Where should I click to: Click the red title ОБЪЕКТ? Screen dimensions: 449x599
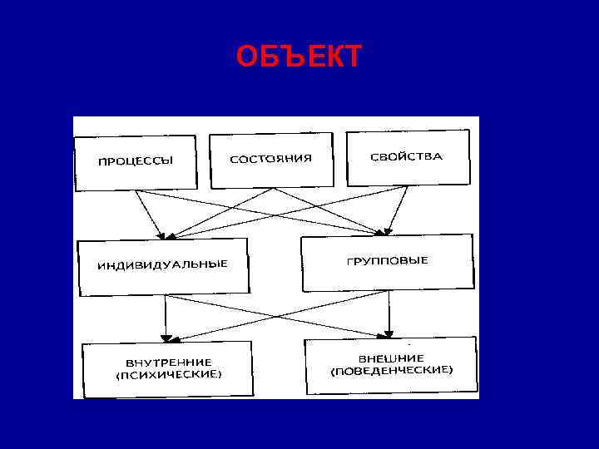(x=299, y=57)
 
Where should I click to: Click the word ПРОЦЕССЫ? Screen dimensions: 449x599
(x=136, y=161)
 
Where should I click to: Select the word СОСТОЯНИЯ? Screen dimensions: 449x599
(x=270, y=158)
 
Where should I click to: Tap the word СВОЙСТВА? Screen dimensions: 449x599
(x=408, y=155)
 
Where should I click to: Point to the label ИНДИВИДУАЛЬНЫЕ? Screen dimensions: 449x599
(x=162, y=264)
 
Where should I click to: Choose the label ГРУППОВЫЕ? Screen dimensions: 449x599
(x=387, y=260)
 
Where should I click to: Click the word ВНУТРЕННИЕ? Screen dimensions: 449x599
(x=169, y=363)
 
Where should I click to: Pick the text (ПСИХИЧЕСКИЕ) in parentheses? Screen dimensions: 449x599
(x=169, y=375)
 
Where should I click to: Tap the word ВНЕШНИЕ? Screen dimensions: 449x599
(x=391, y=358)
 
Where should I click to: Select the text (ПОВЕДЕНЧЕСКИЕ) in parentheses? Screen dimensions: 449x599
(x=391, y=370)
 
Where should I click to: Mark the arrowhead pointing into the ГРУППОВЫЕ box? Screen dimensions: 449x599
(x=385, y=230)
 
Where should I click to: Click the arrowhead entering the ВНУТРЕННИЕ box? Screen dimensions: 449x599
(x=166, y=337)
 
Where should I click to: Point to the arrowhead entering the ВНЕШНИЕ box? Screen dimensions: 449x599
(x=388, y=334)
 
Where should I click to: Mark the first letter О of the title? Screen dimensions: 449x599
(x=245, y=57)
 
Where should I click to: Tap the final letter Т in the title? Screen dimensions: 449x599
(x=352, y=57)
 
